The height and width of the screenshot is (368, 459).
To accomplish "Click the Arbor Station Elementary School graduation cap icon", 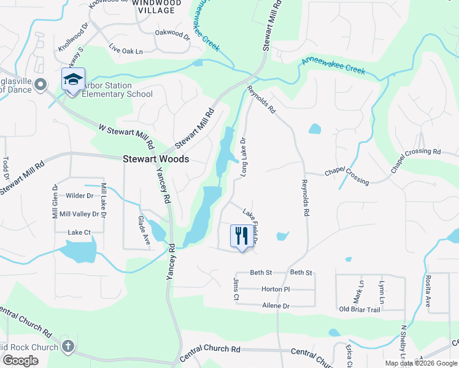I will pos(72,80).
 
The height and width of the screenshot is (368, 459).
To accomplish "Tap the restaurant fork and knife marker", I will pos(241,236).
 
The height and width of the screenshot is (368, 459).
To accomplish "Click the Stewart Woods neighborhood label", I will pos(156,158).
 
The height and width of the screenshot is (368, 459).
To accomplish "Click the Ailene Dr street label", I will pos(275,305).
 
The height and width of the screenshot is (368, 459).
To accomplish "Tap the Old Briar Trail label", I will pos(360,310).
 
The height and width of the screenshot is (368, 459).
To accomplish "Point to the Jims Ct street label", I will pos(236,289).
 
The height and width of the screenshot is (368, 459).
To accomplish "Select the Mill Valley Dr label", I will pos(79,214).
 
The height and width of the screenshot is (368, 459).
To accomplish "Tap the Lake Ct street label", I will pos(79,232).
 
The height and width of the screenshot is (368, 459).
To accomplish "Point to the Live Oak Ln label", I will pos(125,48).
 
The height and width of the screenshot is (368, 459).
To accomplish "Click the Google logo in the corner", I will pos(20,361).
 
